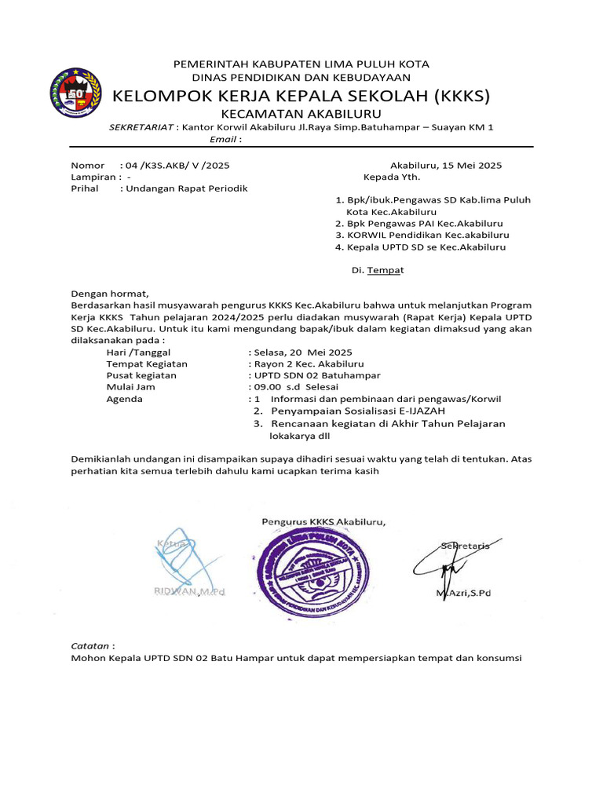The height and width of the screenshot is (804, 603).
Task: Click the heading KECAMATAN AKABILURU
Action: pyautogui.click(x=301, y=114)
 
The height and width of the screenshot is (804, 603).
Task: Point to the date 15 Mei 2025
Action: pyautogui.click(x=472, y=166)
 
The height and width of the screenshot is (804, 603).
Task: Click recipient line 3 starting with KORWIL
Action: pyautogui.click(x=422, y=235)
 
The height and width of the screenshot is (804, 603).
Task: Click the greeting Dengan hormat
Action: pyautogui.click(x=109, y=294)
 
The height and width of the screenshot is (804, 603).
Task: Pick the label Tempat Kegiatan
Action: pyautogui.click(x=147, y=364)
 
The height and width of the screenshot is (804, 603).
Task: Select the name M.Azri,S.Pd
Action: pyautogui.click(x=463, y=593)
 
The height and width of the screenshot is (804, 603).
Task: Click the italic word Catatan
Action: pyautogui.click(x=90, y=645)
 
